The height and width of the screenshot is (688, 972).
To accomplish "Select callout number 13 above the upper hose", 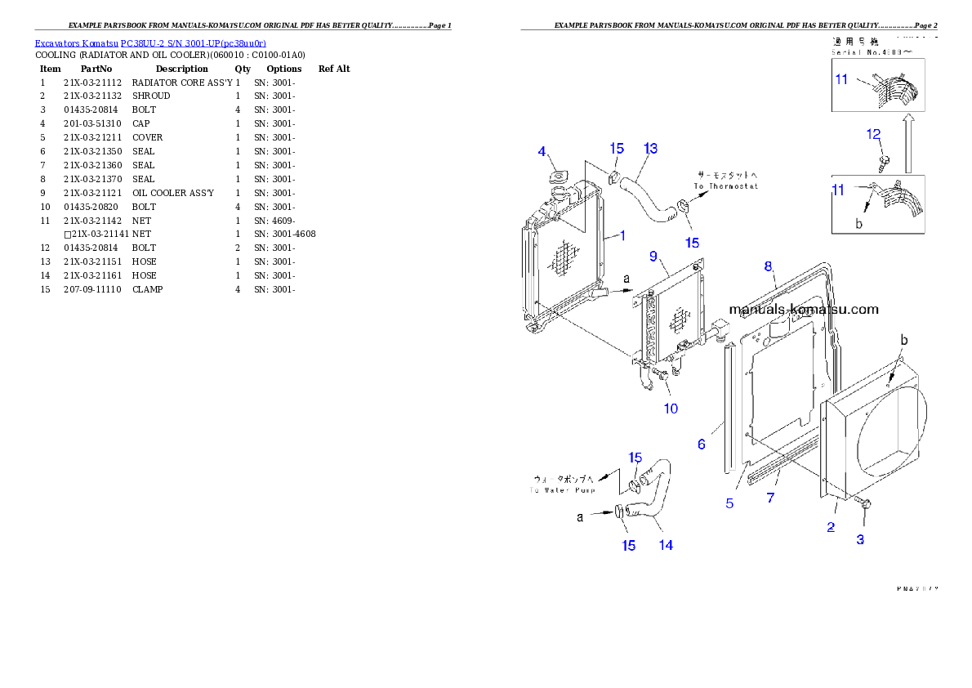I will pyautogui.click(x=650, y=149).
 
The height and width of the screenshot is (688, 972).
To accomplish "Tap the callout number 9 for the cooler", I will pyautogui.click(x=653, y=257).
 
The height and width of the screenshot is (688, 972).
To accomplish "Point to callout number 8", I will pyautogui.click(x=768, y=266).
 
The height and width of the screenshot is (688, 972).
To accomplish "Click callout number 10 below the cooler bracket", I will pyautogui.click(x=670, y=408).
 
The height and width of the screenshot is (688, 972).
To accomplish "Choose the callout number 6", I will pyautogui.click(x=701, y=445).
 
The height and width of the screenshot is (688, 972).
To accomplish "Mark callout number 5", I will pyautogui.click(x=729, y=503).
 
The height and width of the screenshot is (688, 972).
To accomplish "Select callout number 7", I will pyautogui.click(x=770, y=498).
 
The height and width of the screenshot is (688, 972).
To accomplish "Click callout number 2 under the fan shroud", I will pyautogui.click(x=831, y=527).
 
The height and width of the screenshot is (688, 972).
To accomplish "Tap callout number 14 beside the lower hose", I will pyautogui.click(x=666, y=545).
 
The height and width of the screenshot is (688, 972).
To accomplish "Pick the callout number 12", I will pyautogui.click(x=873, y=134).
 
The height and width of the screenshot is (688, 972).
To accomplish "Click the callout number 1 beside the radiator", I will pyautogui.click(x=622, y=235).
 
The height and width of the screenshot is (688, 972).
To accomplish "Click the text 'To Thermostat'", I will pyautogui.click(x=726, y=186).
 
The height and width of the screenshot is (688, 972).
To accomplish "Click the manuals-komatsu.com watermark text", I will pyautogui.click(x=804, y=309).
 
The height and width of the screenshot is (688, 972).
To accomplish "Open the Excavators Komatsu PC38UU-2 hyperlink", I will pyautogui.click(x=150, y=42).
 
